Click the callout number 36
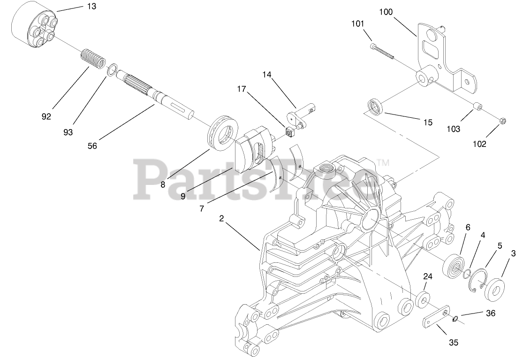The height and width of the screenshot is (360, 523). [x=490, y=313]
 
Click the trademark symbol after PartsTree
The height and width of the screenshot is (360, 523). [x=383, y=163]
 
